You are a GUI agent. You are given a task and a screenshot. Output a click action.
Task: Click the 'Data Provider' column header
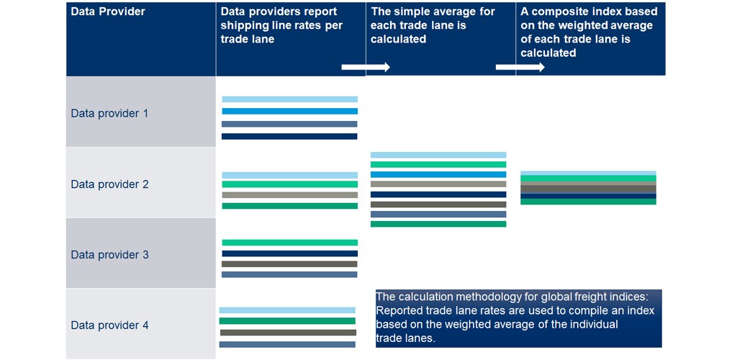[108, 12]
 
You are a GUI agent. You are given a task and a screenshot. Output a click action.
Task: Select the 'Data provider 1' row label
[109, 113]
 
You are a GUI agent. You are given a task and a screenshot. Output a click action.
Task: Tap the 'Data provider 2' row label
[109, 184]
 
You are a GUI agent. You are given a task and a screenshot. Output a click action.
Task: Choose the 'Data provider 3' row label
[109, 255]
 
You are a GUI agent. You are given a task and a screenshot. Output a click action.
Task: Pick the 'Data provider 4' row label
[109, 325]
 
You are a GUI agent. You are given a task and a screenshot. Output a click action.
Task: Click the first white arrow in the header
[365, 67]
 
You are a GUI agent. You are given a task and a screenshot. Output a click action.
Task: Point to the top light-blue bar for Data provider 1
[289, 99]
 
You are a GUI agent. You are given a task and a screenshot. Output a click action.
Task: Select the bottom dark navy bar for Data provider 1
[289, 136]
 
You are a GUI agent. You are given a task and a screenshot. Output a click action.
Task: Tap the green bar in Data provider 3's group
[289, 243]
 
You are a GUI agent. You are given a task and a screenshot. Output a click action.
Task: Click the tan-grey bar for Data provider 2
[289, 195]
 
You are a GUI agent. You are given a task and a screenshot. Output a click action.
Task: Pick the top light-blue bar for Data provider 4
[287, 310]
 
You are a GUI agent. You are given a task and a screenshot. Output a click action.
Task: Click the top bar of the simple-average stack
[438, 155]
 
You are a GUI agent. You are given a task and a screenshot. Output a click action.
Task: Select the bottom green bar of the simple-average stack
[438, 224]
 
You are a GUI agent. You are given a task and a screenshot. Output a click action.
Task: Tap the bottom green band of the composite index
[588, 202]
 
